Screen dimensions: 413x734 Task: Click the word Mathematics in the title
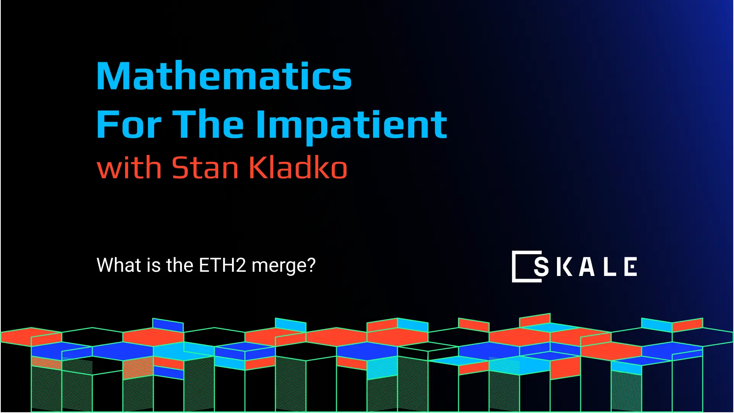point(224,76)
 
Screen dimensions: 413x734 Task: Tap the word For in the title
point(129,124)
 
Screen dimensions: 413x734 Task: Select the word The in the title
point(208,124)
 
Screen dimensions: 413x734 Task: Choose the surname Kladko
point(298,168)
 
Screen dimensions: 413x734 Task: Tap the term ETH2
point(222,265)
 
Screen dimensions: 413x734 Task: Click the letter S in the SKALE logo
point(541,266)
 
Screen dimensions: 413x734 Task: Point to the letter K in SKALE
point(564,266)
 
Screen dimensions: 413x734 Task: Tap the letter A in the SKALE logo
point(587,266)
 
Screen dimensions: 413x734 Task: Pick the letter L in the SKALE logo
point(610,266)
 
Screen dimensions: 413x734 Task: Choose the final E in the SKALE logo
point(631,266)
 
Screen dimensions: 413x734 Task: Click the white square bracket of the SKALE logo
point(515,266)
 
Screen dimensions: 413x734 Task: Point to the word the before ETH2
point(180,265)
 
